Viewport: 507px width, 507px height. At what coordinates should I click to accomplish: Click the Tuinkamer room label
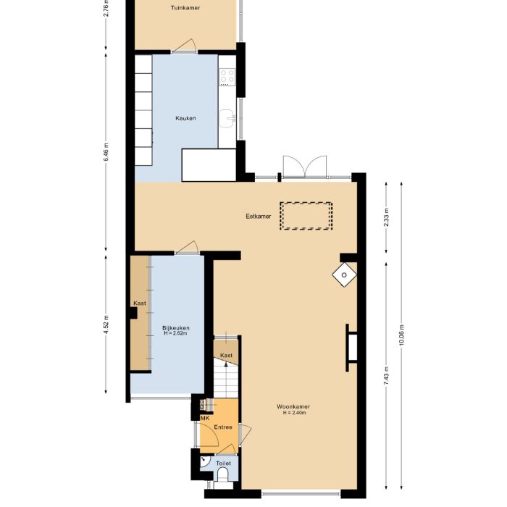[x=185, y=8]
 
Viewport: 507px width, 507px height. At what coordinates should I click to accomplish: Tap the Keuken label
[x=185, y=118]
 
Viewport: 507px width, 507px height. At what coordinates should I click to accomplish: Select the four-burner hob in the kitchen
[x=227, y=76]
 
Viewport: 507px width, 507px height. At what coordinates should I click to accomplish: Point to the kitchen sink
[x=227, y=118]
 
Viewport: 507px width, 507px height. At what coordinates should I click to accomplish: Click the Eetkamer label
[x=259, y=215]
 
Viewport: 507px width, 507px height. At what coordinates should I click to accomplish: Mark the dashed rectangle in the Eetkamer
[x=306, y=216]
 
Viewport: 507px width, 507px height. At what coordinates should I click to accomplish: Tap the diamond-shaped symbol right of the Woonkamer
[x=344, y=275]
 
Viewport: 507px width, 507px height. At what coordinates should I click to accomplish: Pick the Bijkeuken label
[x=176, y=327]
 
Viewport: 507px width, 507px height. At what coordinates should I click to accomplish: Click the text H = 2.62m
[x=176, y=335]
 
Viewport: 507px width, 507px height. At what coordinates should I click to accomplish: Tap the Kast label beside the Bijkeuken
[x=140, y=303]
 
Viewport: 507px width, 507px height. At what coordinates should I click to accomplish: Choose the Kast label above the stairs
[x=227, y=356]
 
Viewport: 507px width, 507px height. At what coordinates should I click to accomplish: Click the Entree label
[x=223, y=427]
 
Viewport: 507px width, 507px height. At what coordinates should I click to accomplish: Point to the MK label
[x=205, y=419]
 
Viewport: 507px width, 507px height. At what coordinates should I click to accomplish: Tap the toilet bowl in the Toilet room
[x=223, y=474]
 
